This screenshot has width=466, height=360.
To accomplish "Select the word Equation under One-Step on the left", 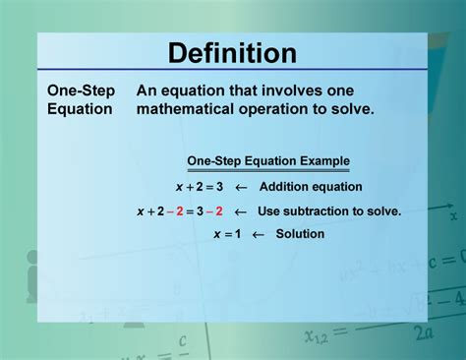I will [81, 109].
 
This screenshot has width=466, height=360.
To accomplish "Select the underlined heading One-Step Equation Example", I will [268, 161].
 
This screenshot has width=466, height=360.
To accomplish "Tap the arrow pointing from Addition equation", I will [240, 186].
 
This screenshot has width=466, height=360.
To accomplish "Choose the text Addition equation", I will [311, 186].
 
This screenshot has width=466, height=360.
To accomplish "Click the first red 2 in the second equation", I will [179, 210].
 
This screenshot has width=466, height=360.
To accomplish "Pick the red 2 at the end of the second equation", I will [219, 210].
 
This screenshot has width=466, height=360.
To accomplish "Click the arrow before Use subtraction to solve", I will [240, 210].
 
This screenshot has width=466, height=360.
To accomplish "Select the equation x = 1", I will [228, 234].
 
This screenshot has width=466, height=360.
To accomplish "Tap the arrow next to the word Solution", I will [259, 234].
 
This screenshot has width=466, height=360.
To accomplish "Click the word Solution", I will [300, 234].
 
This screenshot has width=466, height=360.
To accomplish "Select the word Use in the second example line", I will [268, 210].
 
